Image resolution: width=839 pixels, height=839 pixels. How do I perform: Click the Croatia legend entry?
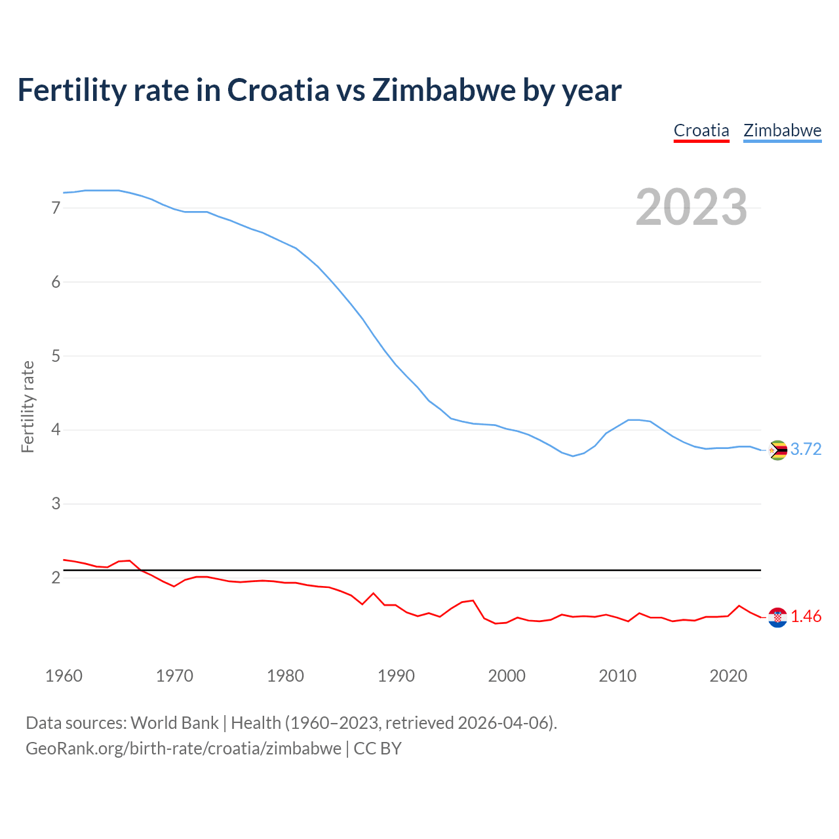click(701, 130)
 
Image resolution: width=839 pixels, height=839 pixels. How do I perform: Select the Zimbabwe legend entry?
click(782, 130)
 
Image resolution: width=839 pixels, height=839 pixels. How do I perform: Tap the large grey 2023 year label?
click(691, 207)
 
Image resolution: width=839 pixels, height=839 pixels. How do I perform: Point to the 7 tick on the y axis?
click(56, 208)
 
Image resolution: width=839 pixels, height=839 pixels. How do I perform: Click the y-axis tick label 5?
click(56, 357)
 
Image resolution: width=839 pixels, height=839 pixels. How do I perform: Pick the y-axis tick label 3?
click(56, 504)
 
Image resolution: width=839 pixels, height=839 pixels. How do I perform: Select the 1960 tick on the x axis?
click(64, 676)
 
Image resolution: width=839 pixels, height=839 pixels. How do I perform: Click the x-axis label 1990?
click(396, 676)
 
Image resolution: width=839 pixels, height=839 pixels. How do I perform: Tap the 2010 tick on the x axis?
click(617, 676)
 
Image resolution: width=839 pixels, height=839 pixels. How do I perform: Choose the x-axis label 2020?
click(728, 676)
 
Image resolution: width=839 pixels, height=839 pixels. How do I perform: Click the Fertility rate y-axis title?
click(28, 406)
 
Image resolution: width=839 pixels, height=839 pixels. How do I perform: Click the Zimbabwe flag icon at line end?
click(777, 450)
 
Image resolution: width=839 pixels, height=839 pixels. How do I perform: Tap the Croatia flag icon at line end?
click(777, 617)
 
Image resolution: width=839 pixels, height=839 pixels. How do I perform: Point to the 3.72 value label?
click(806, 450)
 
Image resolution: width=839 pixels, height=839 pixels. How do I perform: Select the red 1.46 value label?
click(806, 617)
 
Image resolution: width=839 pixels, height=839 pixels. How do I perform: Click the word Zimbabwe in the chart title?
click(444, 90)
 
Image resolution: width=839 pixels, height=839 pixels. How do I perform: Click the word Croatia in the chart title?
click(278, 90)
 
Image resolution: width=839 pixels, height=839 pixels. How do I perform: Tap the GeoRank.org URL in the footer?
click(184, 749)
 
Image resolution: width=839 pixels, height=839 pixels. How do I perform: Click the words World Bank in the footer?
click(174, 723)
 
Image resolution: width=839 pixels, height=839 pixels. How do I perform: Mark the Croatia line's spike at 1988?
click(374, 593)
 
